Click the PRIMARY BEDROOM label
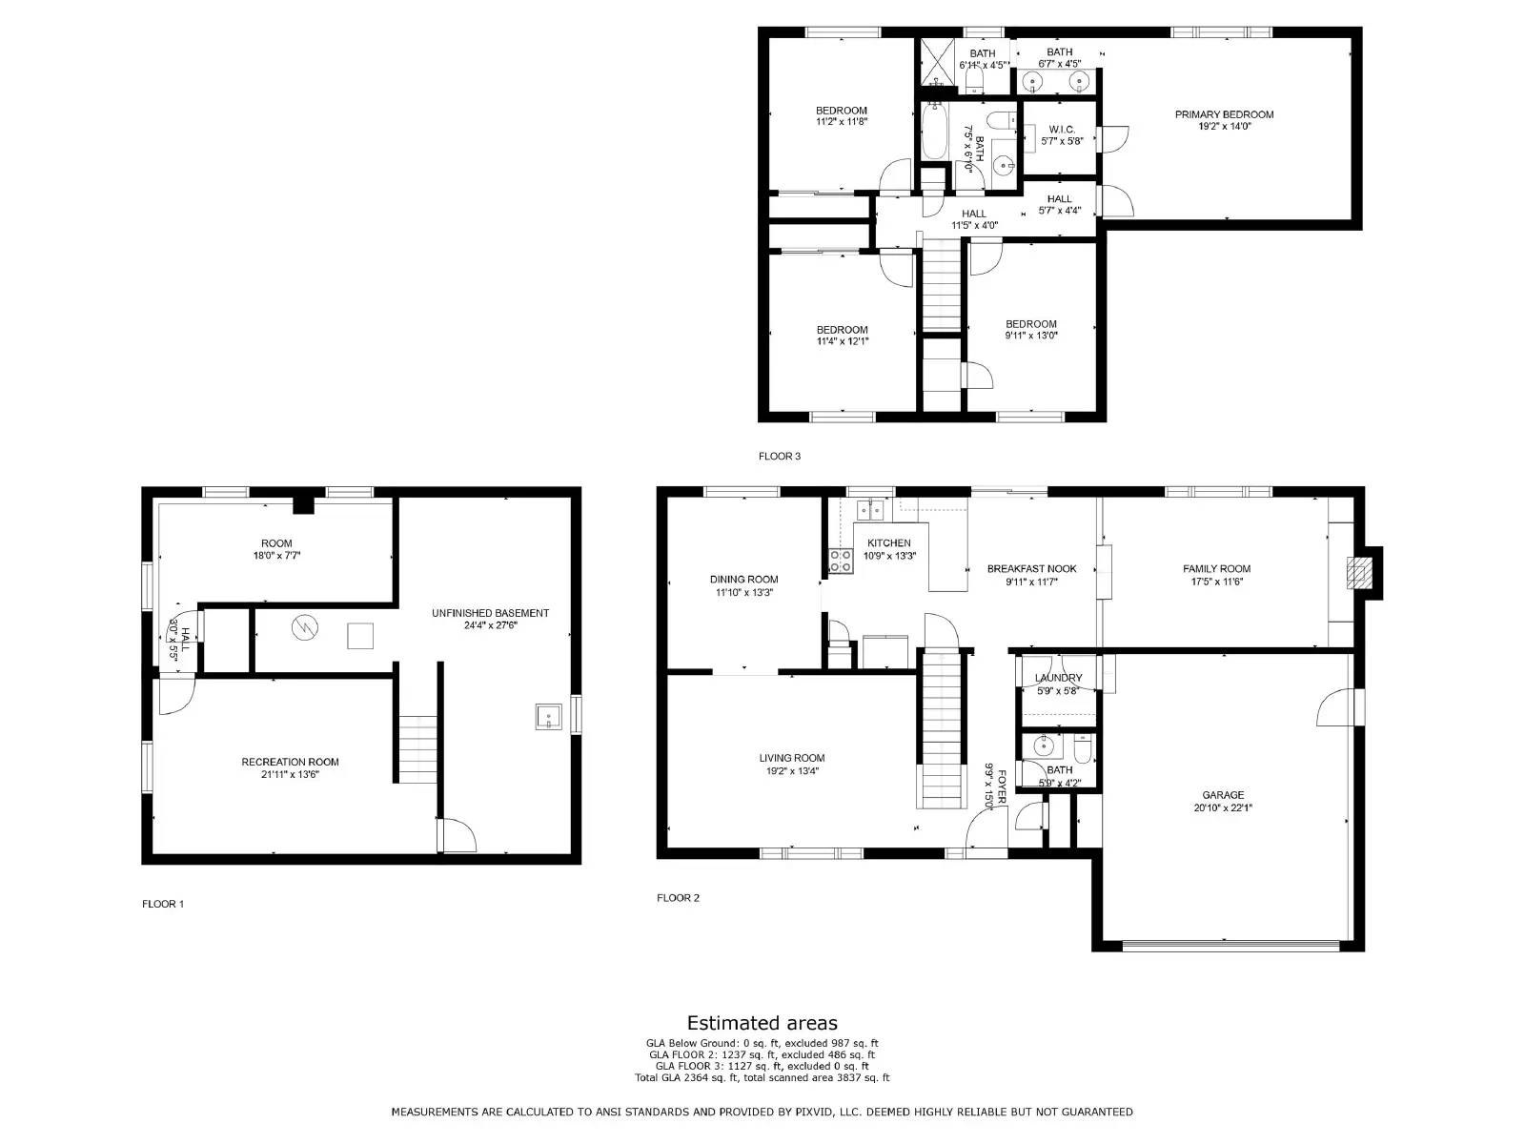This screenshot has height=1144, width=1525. (x=1224, y=114)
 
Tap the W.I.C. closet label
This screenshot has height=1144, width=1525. (x=1062, y=130)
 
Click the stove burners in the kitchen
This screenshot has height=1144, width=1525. (x=840, y=562)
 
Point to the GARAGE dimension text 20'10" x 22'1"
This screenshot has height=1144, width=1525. (x=1223, y=807)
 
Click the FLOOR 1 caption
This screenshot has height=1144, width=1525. (x=163, y=904)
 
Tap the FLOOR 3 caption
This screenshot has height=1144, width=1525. (x=780, y=456)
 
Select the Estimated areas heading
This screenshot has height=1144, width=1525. (x=762, y=1023)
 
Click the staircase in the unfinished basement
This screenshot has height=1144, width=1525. (x=417, y=749)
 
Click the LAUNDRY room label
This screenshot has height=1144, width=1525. (x=1058, y=678)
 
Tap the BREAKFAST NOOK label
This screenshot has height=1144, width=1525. (x=1031, y=568)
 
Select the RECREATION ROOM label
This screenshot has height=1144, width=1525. (x=290, y=762)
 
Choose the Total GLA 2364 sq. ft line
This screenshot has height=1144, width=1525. (x=762, y=1078)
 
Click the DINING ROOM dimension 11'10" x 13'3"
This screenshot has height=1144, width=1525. (x=743, y=592)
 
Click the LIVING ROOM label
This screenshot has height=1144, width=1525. (x=792, y=758)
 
